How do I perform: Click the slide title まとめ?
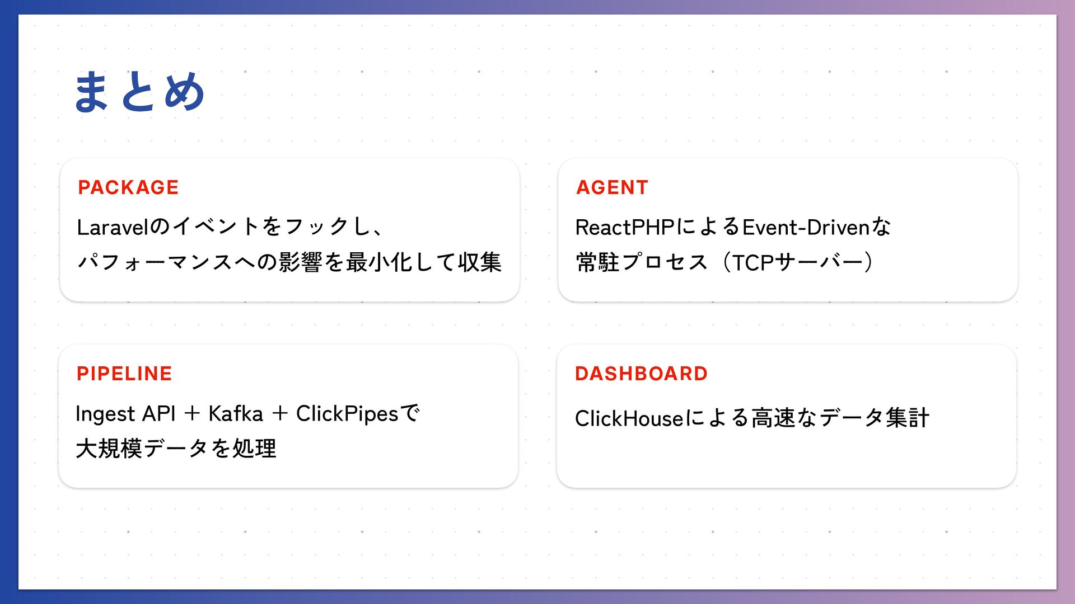pos(139,92)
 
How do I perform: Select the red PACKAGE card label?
pos(128,187)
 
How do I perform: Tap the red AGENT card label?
pos(612,187)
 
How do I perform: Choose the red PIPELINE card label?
pos(124,374)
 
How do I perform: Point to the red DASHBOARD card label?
pos(641,374)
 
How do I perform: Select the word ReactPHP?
pos(624,227)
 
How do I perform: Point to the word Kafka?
pos(235,414)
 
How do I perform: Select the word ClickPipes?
pos(347,414)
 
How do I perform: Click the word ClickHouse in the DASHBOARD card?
pos(629,418)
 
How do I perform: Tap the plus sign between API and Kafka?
pos(192,414)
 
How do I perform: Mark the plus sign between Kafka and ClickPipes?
pos(279,414)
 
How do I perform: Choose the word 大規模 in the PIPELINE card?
pos(109,449)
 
